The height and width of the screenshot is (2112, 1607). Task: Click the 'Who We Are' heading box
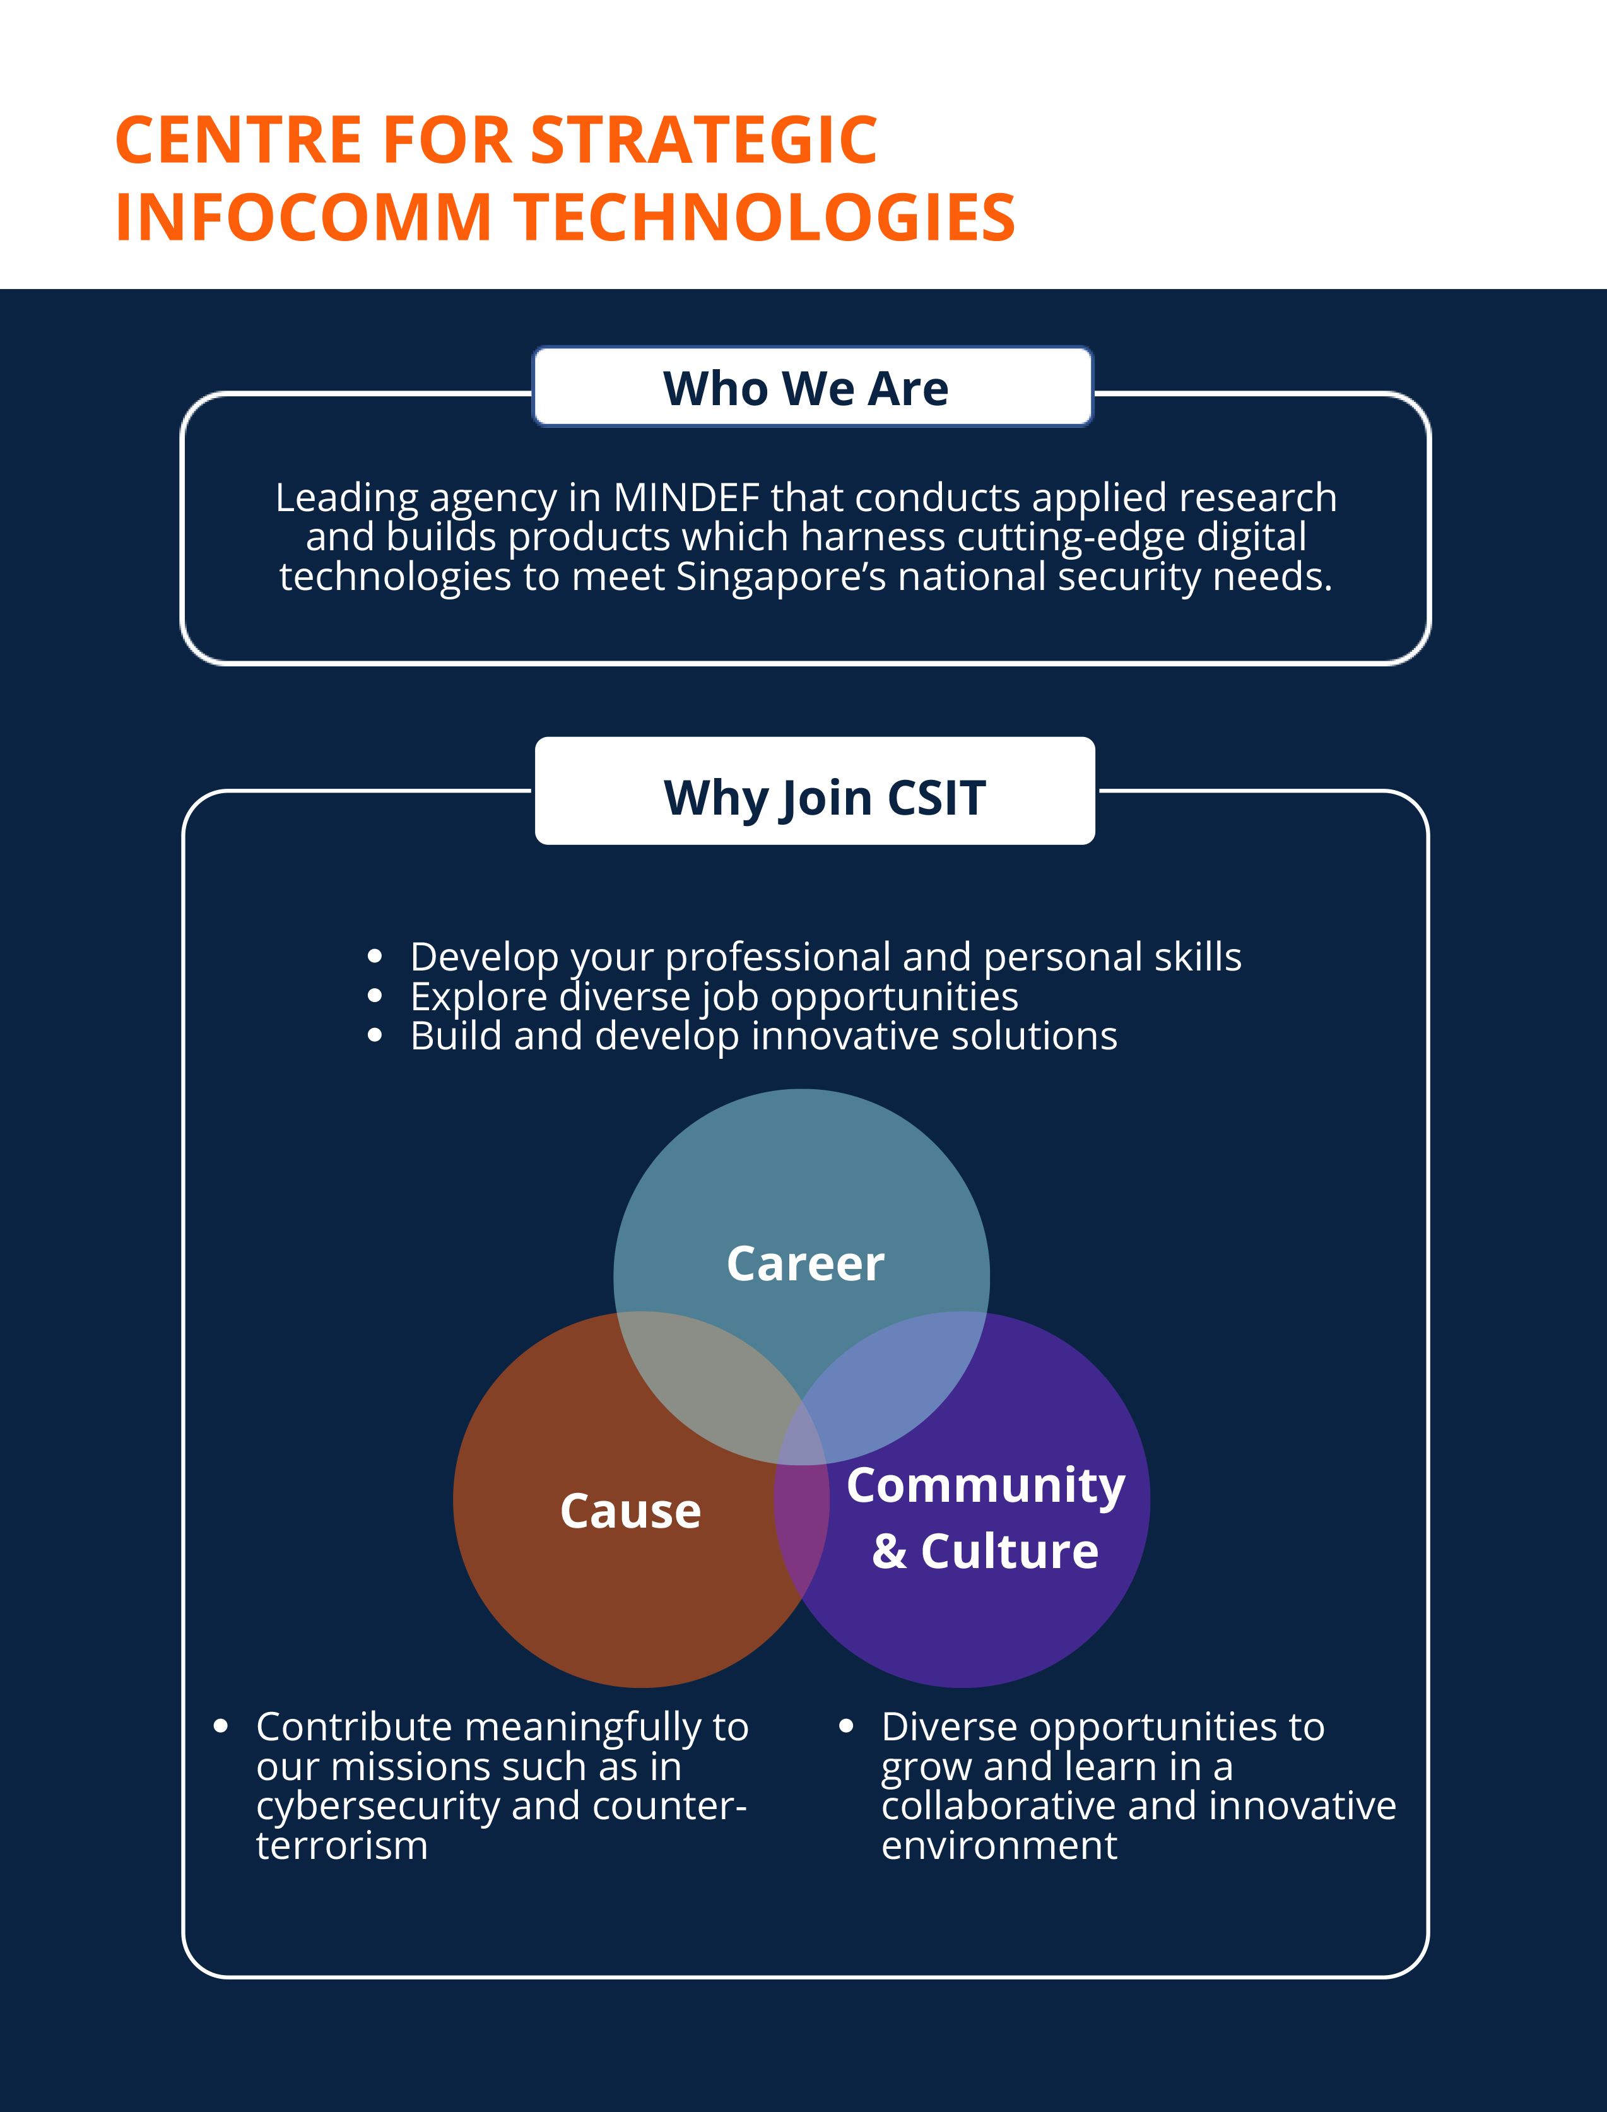coord(812,386)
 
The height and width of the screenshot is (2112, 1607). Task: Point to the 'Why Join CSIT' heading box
coord(815,791)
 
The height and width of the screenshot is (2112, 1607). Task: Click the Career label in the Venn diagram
coord(806,1263)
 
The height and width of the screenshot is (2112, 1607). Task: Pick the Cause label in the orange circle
coord(630,1511)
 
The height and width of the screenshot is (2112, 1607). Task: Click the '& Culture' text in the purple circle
coord(986,1550)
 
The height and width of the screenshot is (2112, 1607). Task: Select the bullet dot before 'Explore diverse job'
coord(375,996)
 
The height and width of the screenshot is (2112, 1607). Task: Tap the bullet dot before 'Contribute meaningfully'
coord(221,1726)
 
